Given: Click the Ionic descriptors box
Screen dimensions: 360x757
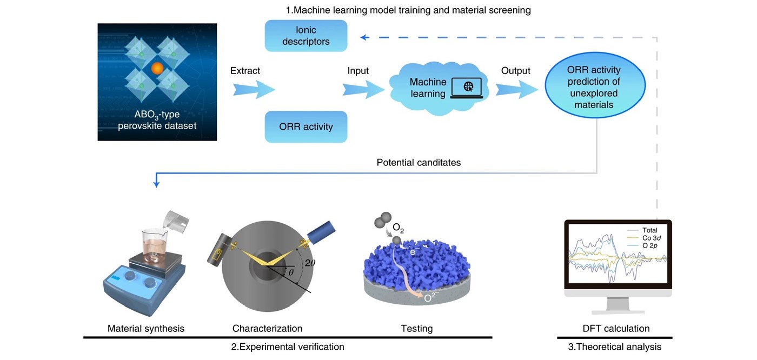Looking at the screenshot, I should point(306,36).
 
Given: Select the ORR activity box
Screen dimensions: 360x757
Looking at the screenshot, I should point(306,127).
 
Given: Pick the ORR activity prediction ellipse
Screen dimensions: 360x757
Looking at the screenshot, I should point(594,87).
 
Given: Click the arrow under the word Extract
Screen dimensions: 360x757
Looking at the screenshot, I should point(254,89).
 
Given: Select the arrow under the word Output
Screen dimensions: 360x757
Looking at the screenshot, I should point(516,89).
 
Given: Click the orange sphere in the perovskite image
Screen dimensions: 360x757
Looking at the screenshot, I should point(157,69).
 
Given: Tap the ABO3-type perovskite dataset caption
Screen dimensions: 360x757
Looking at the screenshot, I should point(157,120).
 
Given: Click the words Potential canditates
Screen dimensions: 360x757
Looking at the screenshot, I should point(419,162).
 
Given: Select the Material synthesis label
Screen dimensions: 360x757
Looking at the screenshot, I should point(146,328).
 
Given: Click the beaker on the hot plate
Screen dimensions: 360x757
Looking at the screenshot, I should point(155,246).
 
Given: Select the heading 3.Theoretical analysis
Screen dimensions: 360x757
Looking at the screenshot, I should point(614,346).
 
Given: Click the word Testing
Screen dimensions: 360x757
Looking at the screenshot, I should point(416,328).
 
